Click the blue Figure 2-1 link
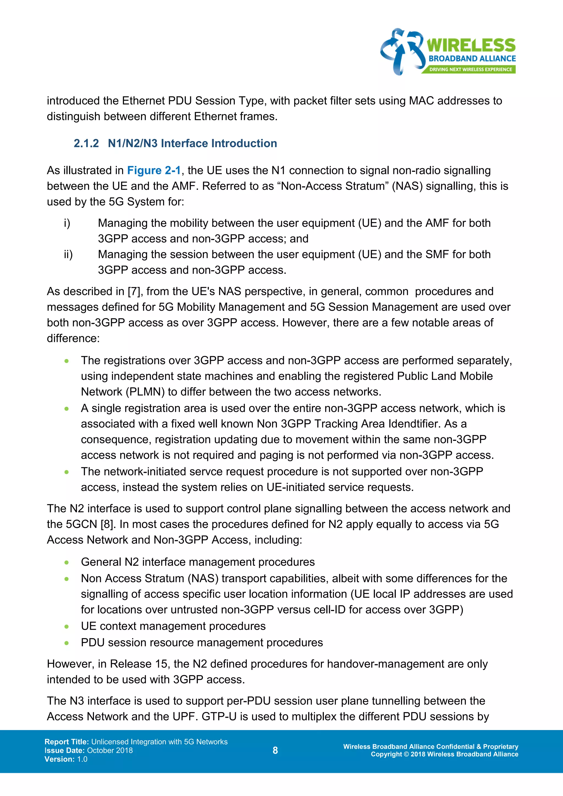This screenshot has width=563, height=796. click(x=154, y=171)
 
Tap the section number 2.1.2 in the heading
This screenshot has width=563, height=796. click(x=86, y=143)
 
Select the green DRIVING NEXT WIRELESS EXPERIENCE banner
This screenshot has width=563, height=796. click(x=470, y=69)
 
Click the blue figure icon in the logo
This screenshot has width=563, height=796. click(x=402, y=51)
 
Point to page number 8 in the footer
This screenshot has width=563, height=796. click(x=275, y=750)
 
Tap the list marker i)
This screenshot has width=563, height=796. click(x=67, y=223)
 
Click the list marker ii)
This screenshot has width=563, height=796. click(x=68, y=255)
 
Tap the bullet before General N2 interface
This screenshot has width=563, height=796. click(x=67, y=562)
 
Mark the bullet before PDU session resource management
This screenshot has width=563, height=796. click(x=67, y=643)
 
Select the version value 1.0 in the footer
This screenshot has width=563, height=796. click(x=82, y=759)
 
